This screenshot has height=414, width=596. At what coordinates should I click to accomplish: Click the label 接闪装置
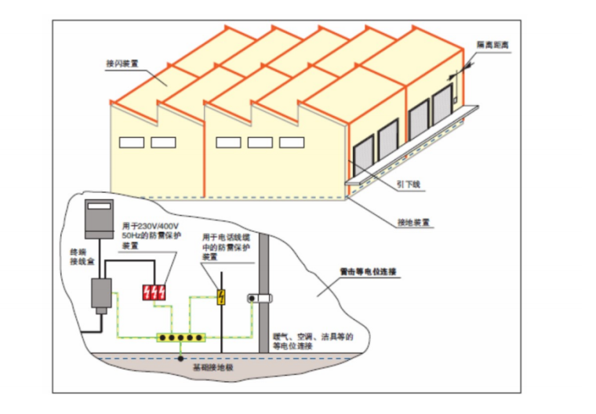click(119, 63)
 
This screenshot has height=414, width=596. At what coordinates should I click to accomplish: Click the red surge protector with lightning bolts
click(154, 292)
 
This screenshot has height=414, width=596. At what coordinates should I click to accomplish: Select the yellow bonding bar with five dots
click(181, 338)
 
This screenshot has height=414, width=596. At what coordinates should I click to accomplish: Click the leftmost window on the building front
click(132, 143)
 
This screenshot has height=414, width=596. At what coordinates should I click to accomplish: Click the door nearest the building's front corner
click(363, 156)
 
